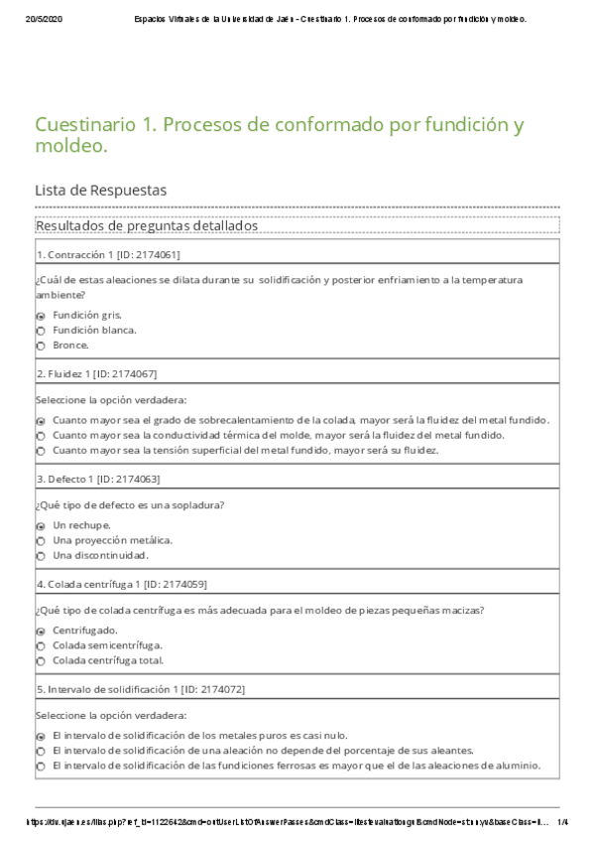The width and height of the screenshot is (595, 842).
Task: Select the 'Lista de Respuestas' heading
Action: [x=100, y=189]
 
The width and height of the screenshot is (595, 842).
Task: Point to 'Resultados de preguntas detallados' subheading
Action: [x=146, y=226]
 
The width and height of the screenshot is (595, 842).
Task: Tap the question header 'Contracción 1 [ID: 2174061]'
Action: [x=108, y=255]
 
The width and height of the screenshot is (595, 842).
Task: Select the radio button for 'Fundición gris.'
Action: [x=41, y=315]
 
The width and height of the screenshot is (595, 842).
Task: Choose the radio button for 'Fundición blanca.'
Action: [x=41, y=330]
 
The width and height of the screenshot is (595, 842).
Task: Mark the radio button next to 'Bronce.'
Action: [x=41, y=346]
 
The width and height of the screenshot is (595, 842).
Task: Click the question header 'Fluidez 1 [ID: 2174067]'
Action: [x=96, y=373]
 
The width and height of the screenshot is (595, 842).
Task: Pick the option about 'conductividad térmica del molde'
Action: [x=41, y=435]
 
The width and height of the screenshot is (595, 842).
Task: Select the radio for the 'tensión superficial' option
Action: [x=41, y=451]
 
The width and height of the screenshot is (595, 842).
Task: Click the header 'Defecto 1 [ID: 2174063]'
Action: [x=97, y=479]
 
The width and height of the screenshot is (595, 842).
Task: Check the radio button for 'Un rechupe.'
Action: [x=41, y=525]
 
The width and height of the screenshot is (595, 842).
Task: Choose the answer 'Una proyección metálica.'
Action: [x=112, y=540]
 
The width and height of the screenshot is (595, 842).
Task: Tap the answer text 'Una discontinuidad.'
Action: [x=100, y=555]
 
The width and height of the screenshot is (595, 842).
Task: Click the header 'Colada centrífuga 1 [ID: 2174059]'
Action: [x=121, y=584]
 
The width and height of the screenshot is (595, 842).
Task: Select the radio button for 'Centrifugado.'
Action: [x=41, y=631]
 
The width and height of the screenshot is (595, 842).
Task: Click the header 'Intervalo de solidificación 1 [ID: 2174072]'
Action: [x=140, y=689]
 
